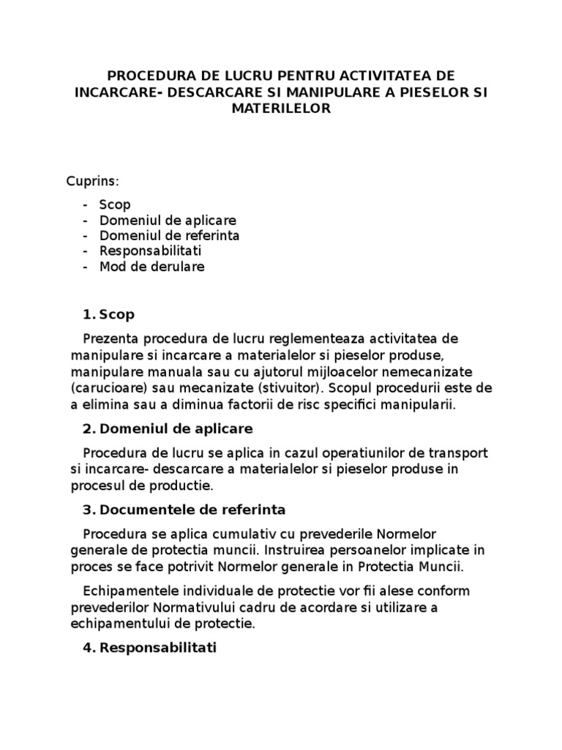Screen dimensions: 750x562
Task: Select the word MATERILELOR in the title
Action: pos(281,108)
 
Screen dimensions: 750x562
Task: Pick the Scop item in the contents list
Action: pos(115,204)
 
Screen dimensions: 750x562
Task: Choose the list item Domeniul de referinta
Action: pos(169,236)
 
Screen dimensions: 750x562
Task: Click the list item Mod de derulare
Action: pos(151,267)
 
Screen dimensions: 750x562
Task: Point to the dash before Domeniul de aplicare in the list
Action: pos(86,220)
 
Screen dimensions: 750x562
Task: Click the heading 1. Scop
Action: pos(109,315)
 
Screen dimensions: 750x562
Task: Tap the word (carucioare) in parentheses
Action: pos(109,387)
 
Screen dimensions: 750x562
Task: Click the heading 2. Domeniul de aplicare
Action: pos(168,428)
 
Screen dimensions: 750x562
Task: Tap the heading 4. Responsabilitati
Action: pos(150,648)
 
